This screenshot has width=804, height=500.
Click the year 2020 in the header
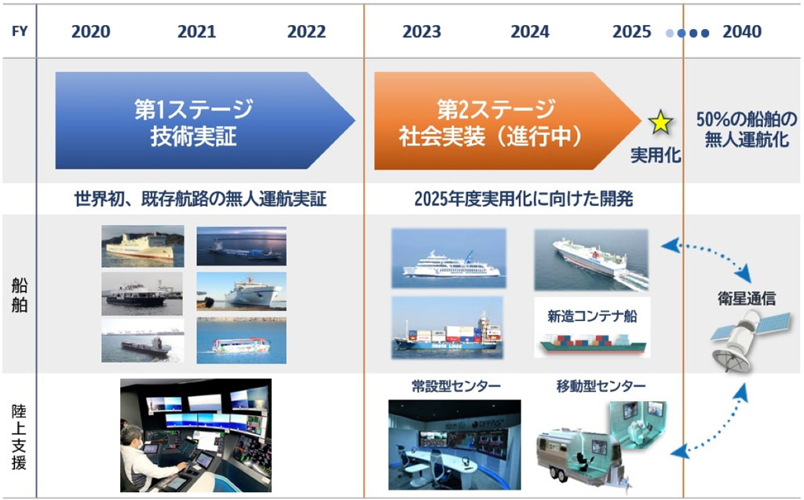(x=91, y=32)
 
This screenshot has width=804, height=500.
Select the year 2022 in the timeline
(x=306, y=32)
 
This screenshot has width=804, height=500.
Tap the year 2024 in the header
(x=530, y=32)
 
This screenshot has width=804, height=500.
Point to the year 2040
(x=742, y=32)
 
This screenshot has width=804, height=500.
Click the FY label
(x=17, y=32)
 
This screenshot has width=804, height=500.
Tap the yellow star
(x=660, y=122)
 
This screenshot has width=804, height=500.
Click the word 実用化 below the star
(x=656, y=155)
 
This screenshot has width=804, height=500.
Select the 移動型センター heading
(x=601, y=385)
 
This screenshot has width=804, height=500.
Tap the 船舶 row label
(x=19, y=294)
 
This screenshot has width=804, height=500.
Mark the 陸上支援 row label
(x=19, y=436)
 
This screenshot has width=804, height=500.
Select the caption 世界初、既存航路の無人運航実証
(x=200, y=199)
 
